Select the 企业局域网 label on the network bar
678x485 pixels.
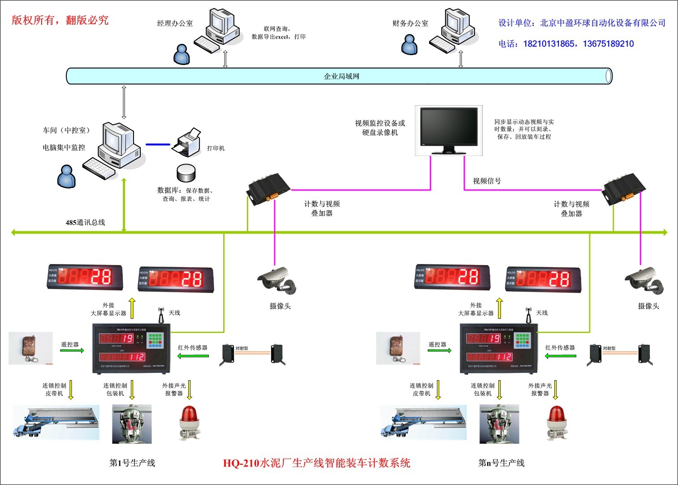point(341,76)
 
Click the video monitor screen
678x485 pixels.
point(449,128)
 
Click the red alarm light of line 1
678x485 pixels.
point(190,421)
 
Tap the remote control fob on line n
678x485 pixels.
point(397,348)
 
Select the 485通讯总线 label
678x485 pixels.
point(85,222)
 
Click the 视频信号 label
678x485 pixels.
point(487,181)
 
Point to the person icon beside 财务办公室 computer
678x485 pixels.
point(409,44)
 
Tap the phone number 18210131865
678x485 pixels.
point(548,44)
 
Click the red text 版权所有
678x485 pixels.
point(33,20)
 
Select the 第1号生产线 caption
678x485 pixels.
point(132,463)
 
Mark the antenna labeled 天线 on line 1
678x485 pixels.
point(161,315)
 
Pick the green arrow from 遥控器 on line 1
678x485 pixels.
point(72,351)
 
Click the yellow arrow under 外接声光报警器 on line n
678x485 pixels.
point(556,390)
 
